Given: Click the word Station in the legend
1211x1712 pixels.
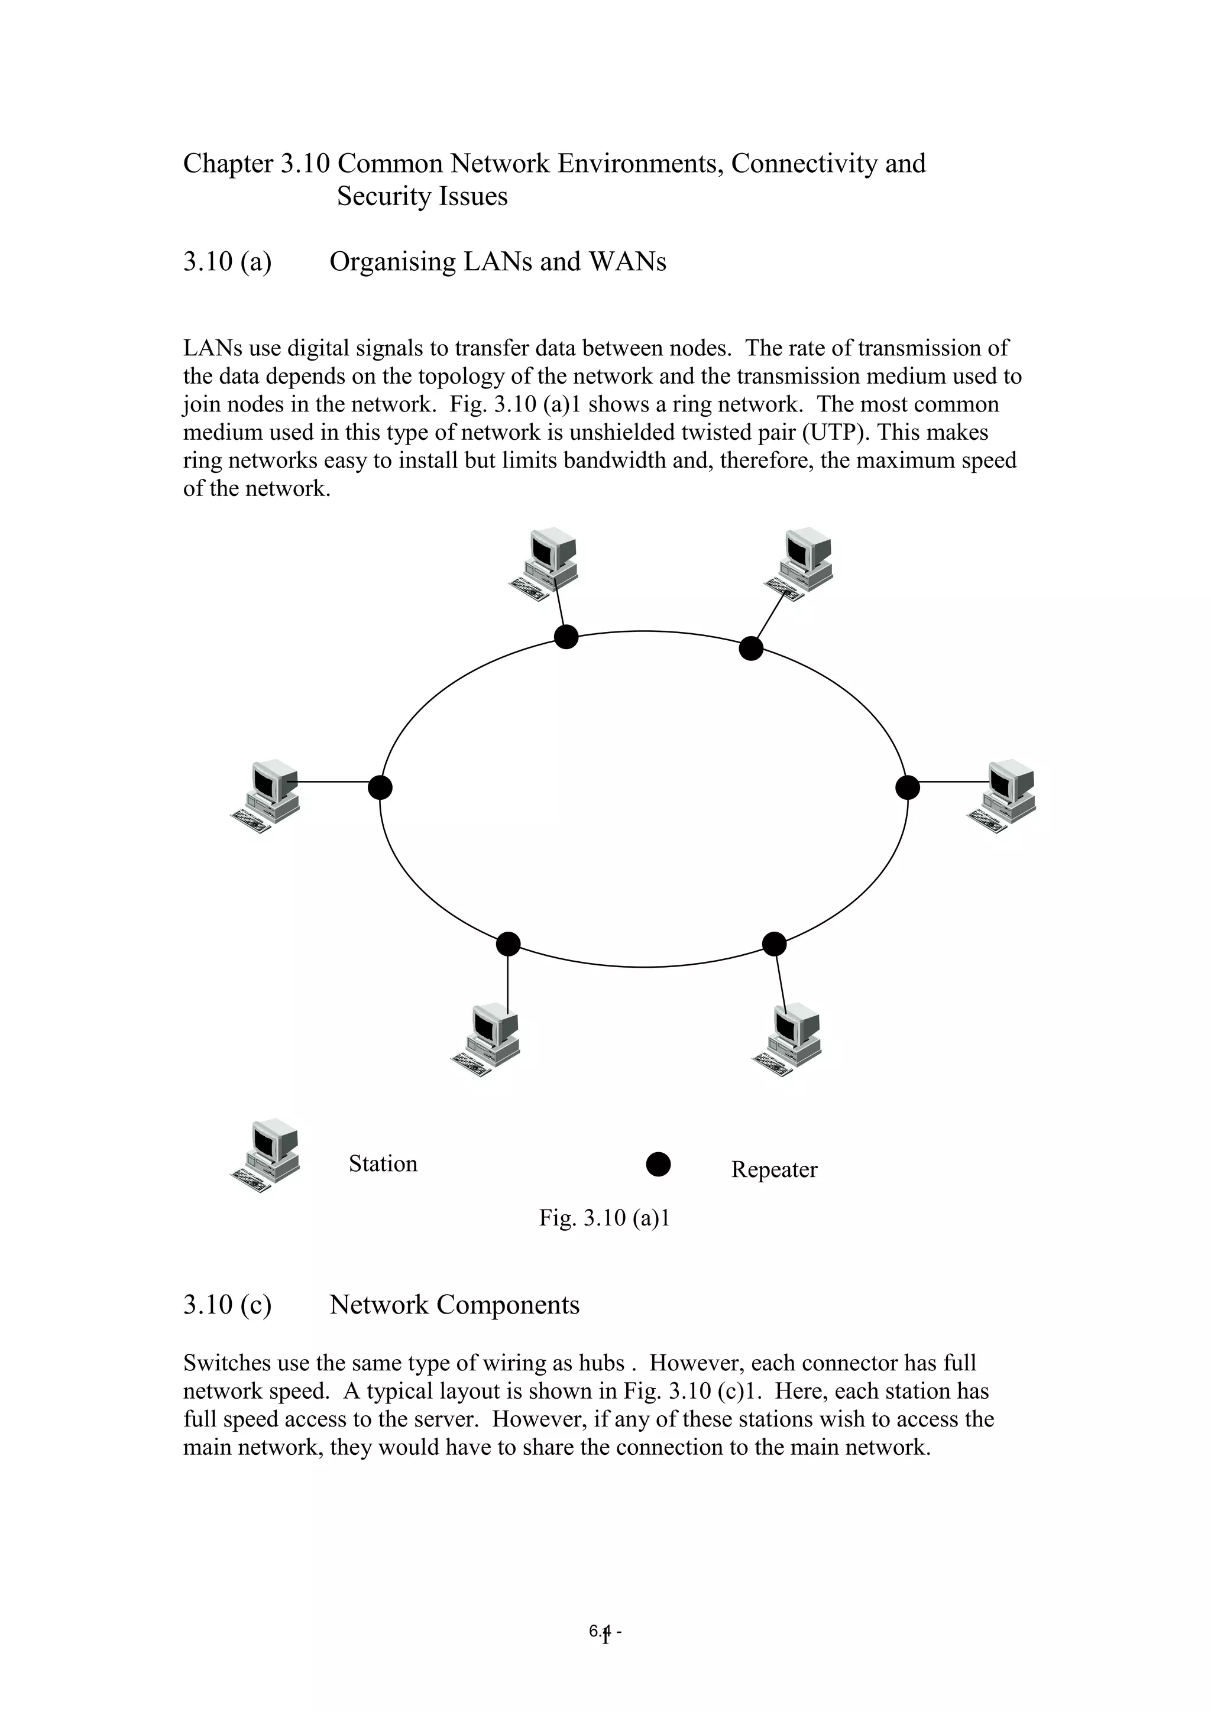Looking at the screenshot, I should coord(383,1164).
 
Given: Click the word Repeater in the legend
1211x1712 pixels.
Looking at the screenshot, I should coord(773,1169).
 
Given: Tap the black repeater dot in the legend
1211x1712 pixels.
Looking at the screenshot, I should coord(658,1164).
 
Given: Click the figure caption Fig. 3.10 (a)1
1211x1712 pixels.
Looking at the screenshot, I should coord(604,1218).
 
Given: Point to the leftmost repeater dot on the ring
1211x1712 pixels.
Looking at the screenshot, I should coord(380,787).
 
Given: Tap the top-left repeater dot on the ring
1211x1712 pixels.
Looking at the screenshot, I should coord(566,637).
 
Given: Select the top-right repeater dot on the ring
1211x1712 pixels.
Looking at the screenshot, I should coord(751,649).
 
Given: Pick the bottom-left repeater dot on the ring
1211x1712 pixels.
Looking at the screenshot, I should coord(508,944).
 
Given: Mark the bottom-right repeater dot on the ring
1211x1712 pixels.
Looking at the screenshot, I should coord(774,944).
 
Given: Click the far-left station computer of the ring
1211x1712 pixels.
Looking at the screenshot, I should coord(266,796).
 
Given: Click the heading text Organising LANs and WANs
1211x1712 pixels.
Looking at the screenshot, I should coord(497,262).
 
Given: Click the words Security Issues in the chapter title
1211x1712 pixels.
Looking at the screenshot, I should coord(422,196).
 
